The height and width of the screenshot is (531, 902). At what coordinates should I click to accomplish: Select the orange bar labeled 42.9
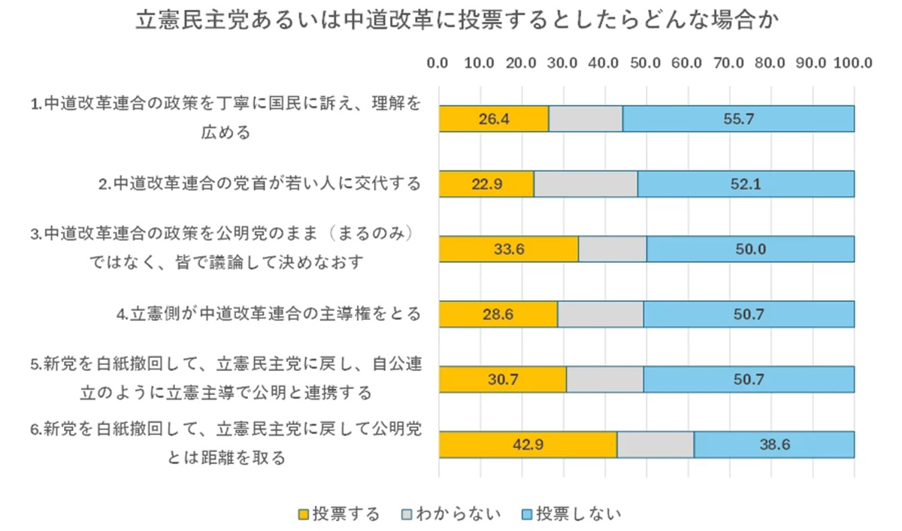coord(528,444)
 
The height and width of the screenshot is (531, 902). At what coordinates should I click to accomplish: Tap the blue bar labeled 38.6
coord(773,444)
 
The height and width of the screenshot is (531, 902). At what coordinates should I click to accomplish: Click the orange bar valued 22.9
coord(486,184)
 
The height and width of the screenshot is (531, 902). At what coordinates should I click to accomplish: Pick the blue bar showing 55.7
coord(738,119)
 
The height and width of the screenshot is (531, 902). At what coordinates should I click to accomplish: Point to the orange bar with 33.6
coord(509,249)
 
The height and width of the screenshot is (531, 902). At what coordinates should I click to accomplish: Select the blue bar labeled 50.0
coord(750,249)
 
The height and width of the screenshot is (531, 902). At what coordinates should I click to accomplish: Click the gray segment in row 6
coord(655,444)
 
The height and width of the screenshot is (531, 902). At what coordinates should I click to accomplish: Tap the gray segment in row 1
coord(586,119)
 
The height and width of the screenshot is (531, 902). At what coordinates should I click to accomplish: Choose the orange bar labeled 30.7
coord(502,379)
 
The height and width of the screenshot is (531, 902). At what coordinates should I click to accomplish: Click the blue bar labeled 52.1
coord(746,184)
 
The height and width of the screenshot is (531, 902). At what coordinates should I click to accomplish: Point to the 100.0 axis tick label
coord(852,63)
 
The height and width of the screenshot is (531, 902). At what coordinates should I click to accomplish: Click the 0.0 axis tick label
coord(438,63)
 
